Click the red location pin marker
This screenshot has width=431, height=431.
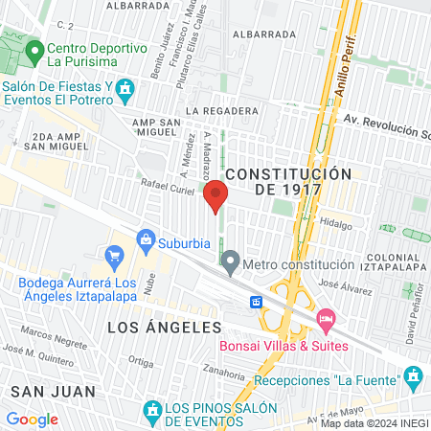tap(215, 196)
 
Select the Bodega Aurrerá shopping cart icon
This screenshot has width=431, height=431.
tap(116, 256)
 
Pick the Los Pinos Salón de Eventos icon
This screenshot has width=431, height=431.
tap(150, 411)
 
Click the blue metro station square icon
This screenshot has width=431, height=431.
tap(257, 302)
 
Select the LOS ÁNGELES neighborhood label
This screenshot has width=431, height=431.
tap(164, 328)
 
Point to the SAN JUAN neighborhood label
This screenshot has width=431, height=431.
tap(54, 391)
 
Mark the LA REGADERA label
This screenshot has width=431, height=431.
tap(224, 111)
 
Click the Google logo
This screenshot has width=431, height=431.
tap(32, 419)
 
